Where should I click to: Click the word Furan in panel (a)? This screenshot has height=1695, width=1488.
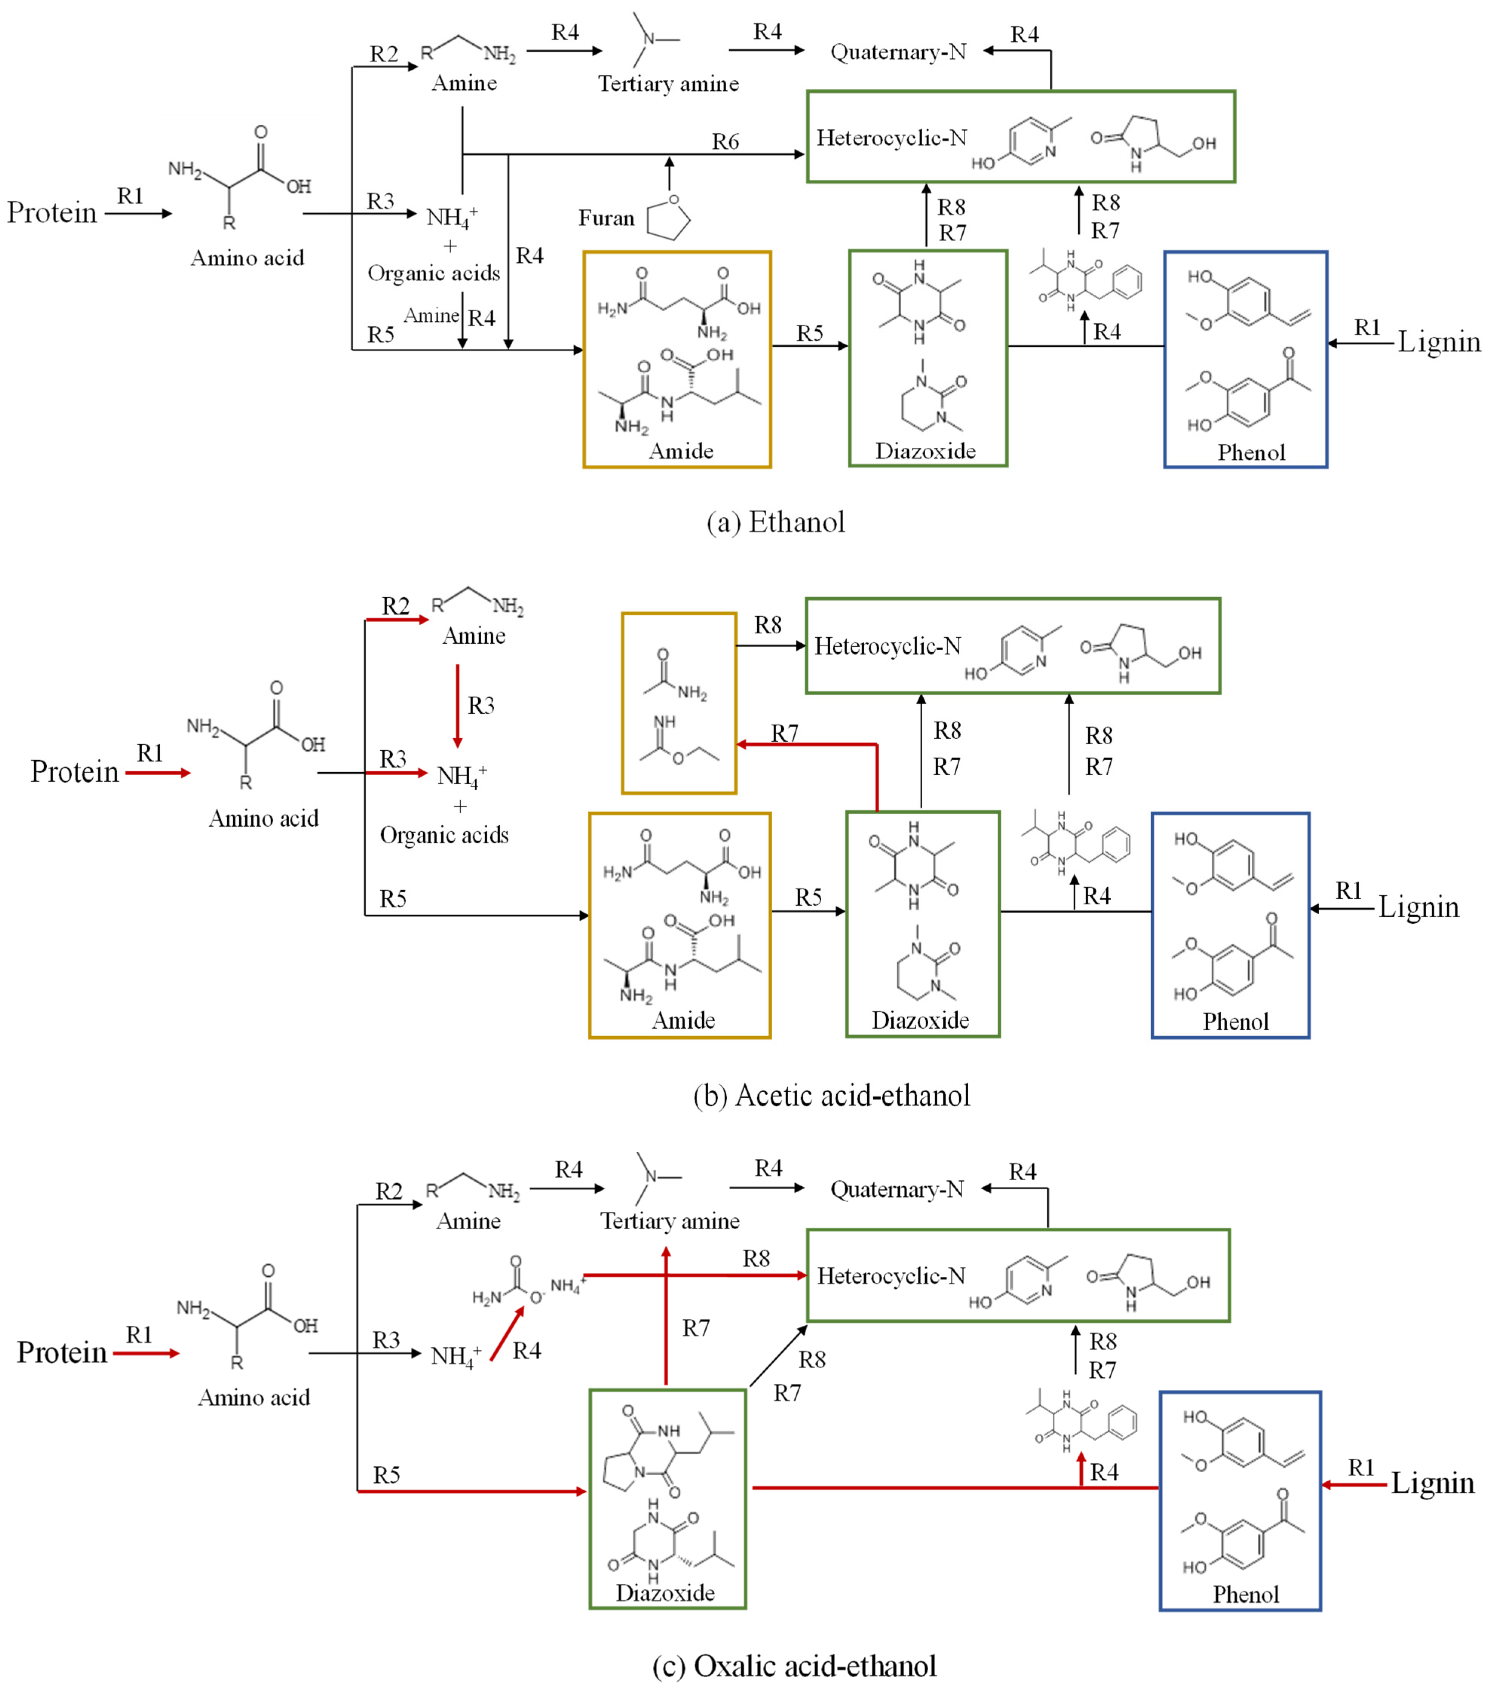605,218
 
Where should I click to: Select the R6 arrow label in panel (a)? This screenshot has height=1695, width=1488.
725,142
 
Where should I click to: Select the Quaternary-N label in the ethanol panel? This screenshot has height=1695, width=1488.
898,52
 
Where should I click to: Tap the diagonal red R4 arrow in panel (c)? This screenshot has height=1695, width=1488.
507,1334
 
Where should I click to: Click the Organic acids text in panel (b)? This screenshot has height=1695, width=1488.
444,835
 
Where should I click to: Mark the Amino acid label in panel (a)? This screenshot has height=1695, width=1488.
247,258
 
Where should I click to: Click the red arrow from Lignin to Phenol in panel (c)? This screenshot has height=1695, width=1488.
1353,1484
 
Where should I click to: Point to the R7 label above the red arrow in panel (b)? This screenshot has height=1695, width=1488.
785,733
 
